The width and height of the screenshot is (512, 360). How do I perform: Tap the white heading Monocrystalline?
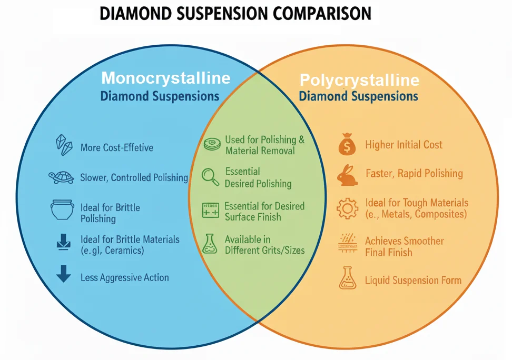(165, 78)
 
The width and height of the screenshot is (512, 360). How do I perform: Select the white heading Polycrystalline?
(359, 80)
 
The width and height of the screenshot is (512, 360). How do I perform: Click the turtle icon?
(61, 177)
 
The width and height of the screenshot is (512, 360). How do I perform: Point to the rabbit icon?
(348, 175)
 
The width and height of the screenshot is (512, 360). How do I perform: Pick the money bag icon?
(347, 145)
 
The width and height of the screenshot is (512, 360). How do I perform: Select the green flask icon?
(210, 244)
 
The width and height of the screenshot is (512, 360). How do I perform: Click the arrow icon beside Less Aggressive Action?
(63, 274)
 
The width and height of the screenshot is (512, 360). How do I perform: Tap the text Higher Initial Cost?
(403, 145)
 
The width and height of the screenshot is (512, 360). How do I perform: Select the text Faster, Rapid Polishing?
(414, 173)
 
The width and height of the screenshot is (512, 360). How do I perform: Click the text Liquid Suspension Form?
(413, 281)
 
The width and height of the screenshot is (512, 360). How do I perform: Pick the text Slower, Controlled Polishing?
(134, 178)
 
